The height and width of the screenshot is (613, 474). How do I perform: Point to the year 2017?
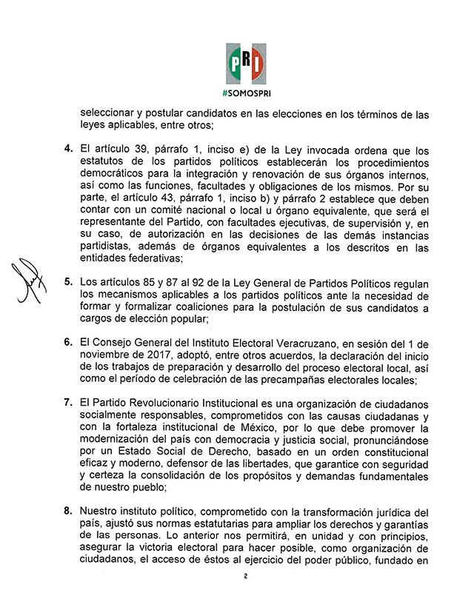[153, 354]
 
